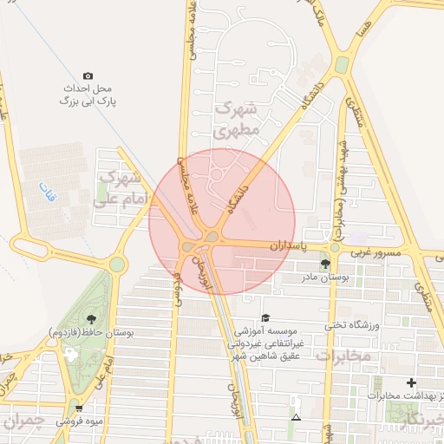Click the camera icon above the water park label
(87, 76)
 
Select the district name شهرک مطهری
(237, 121)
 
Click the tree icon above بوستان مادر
(325, 264)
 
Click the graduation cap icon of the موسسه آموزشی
(265, 318)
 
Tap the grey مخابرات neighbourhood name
(343, 356)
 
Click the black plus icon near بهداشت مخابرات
(411, 382)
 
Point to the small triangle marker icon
(297, 418)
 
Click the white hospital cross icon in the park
(71, 354)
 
